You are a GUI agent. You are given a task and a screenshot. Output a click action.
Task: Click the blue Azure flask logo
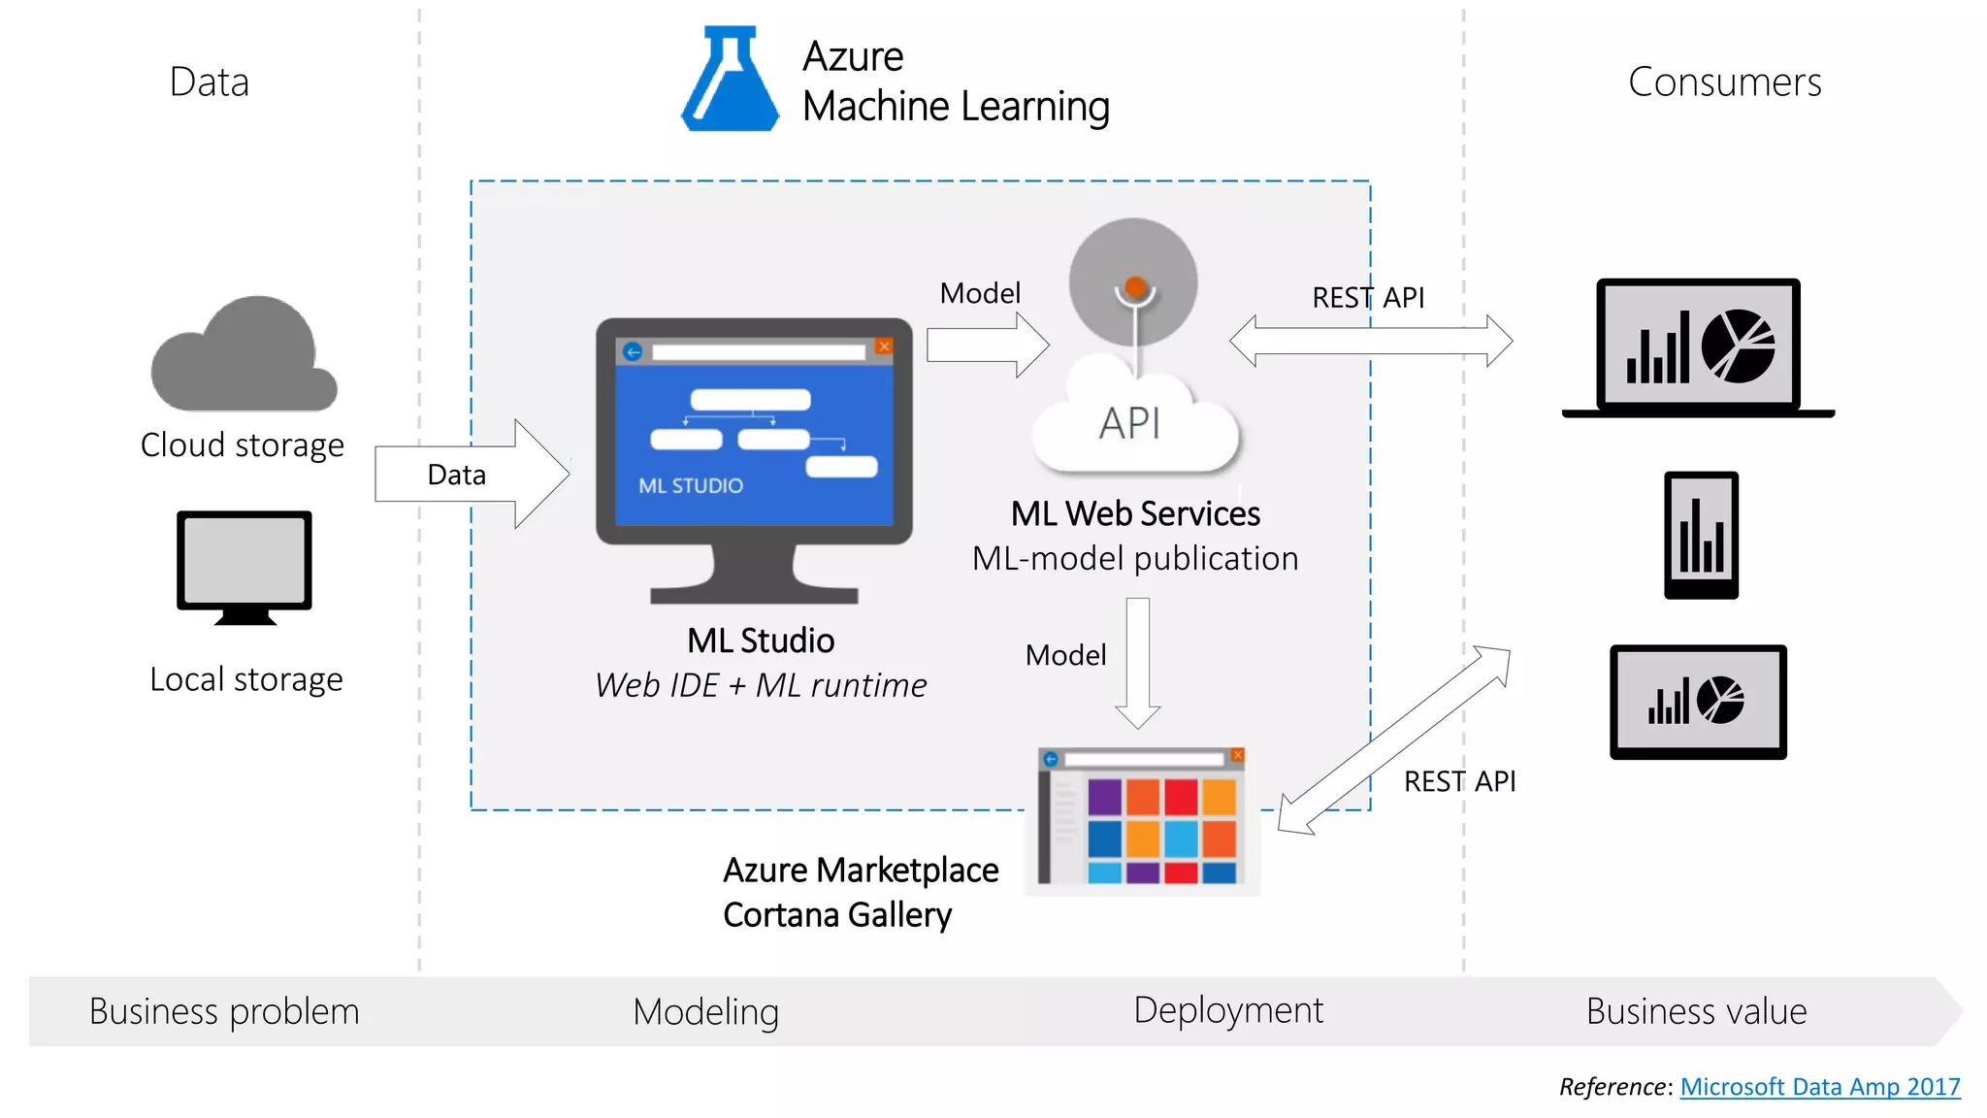(730, 82)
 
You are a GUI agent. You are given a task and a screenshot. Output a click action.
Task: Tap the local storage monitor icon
(244, 565)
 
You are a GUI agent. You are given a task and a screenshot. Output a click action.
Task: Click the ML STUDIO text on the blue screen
(691, 485)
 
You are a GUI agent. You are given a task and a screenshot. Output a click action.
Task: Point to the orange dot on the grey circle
(1135, 287)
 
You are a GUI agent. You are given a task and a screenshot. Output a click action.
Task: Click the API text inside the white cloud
(1129, 423)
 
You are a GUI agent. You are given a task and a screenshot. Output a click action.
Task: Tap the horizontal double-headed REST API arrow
(1370, 341)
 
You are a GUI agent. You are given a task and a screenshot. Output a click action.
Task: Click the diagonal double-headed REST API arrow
(1394, 740)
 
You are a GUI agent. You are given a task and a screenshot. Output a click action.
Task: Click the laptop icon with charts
(1699, 347)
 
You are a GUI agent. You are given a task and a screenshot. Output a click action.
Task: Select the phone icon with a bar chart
(1701, 535)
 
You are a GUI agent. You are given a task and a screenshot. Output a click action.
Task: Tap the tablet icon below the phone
(1698, 702)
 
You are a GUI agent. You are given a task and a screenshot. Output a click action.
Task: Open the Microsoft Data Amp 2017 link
(1819, 1087)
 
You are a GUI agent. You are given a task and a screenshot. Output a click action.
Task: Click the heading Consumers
(1724, 82)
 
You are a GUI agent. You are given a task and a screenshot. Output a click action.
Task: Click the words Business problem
(224, 1011)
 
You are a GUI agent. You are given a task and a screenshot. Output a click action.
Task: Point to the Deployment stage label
(1227, 1010)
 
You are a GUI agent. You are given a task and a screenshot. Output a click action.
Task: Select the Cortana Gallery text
(837, 915)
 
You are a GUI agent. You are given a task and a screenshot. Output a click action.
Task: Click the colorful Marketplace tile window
(1143, 819)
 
